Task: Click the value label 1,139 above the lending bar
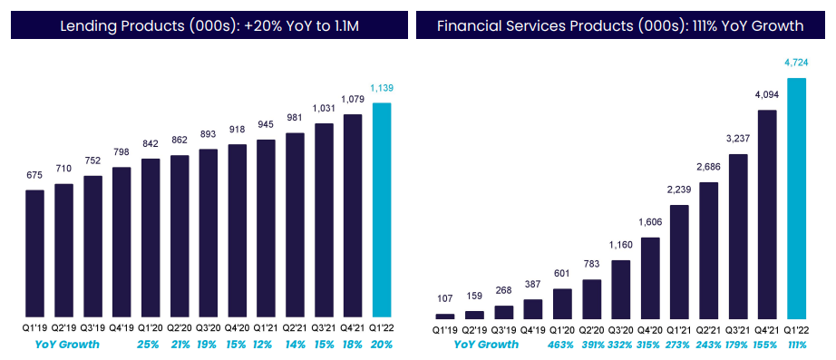(x=383, y=88)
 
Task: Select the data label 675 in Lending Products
(x=34, y=175)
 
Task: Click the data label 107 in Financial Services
(x=444, y=299)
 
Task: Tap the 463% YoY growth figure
(x=561, y=345)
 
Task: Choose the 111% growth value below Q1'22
(x=797, y=345)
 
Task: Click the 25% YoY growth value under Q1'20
(x=151, y=345)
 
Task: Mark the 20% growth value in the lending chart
(x=383, y=345)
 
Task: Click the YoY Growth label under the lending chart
(x=66, y=345)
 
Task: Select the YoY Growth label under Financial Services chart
(x=484, y=345)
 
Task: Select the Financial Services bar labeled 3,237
(x=737, y=236)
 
